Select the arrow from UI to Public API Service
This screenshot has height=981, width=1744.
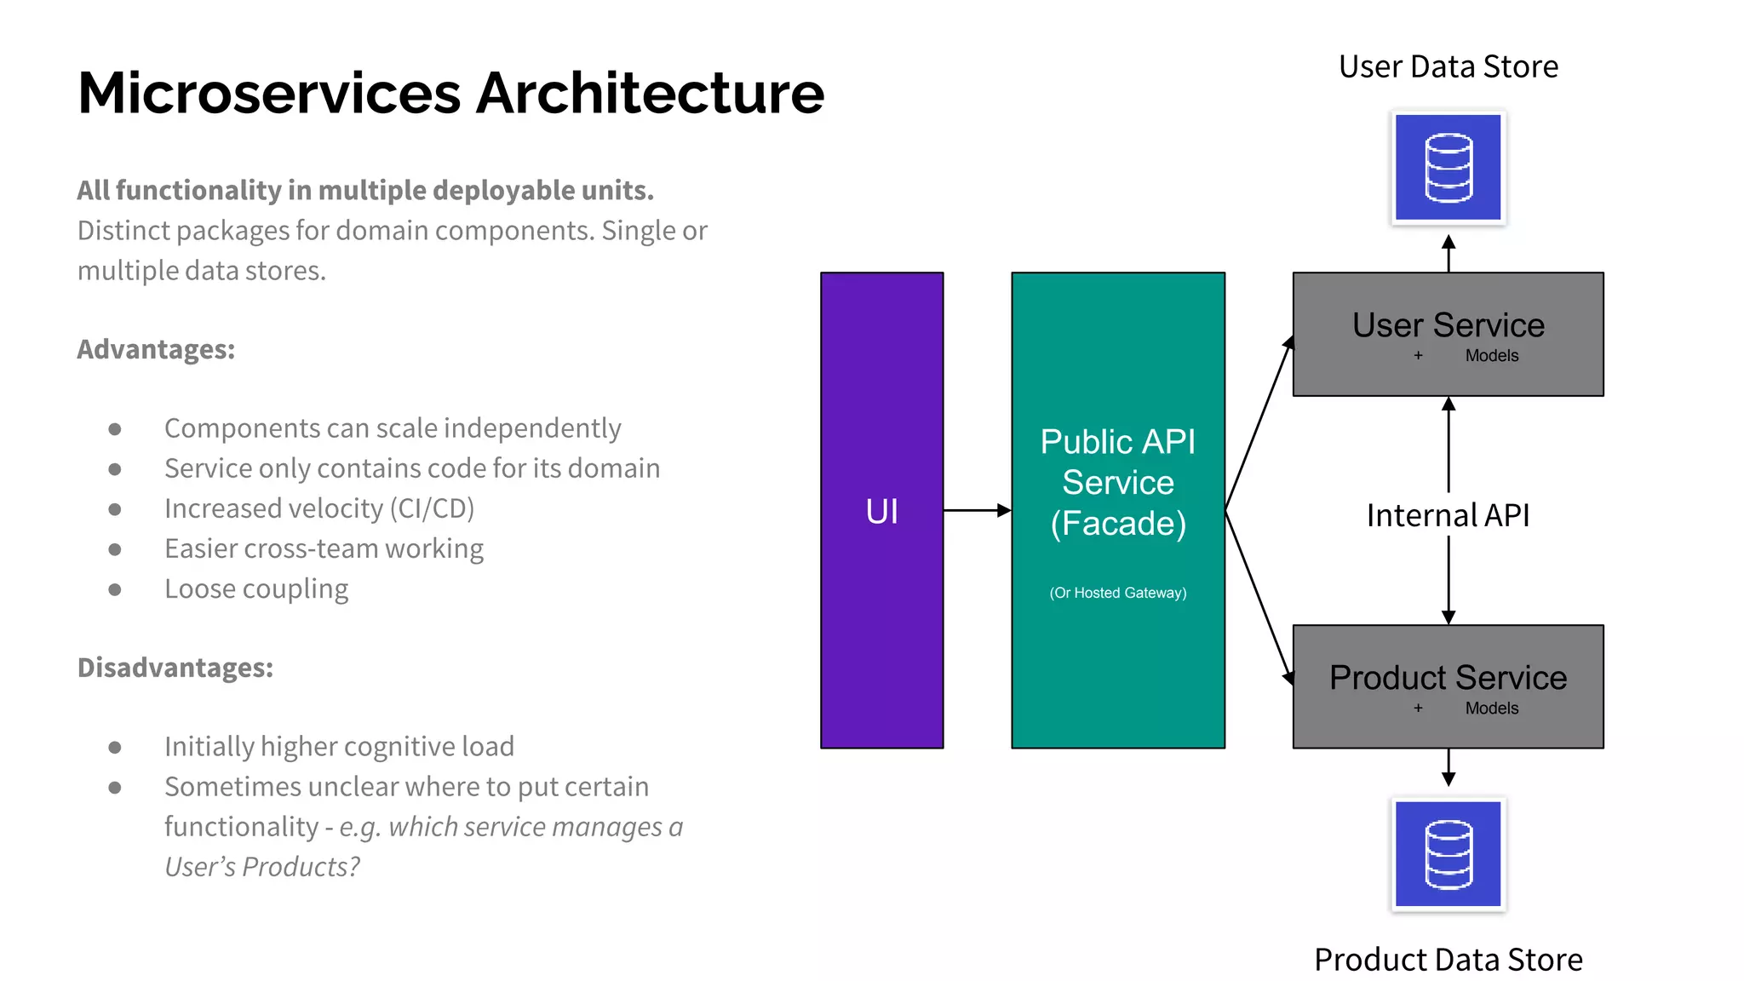click(977, 510)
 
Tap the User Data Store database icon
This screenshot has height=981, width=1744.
click(1448, 168)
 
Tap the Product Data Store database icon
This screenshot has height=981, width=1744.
click(1448, 854)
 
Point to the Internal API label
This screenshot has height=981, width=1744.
click(1448, 515)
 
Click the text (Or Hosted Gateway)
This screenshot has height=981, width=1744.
click(1117, 593)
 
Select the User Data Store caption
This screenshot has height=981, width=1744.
click(1448, 66)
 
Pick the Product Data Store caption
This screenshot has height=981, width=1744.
click(1448, 960)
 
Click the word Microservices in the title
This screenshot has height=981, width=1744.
click(268, 93)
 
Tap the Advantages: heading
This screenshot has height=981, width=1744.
click(156, 349)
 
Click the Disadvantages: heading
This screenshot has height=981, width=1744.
click(175, 668)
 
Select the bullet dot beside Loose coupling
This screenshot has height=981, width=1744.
click(115, 589)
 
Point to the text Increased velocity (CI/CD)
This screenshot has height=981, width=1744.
click(318, 508)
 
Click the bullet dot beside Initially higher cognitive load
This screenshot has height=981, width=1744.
click(115, 748)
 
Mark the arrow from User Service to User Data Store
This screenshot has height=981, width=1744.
click(1448, 253)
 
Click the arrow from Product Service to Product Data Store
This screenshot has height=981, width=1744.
click(1448, 767)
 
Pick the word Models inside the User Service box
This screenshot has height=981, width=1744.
click(1491, 356)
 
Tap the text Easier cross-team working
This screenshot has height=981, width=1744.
click(324, 548)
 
